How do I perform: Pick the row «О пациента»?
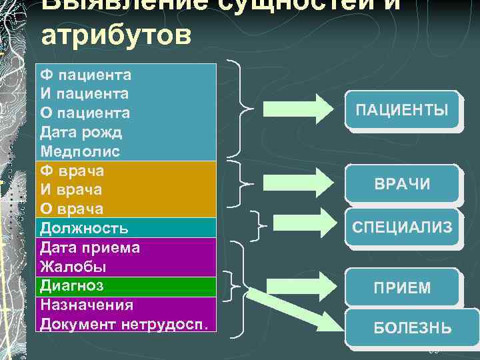pyautogui.click(x=85, y=113)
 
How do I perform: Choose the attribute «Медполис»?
pyautogui.click(x=80, y=151)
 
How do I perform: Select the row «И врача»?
pyautogui.click(x=71, y=190)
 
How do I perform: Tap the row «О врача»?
pyautogui.click(x=71, y=209)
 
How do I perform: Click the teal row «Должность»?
pyautogui.click(x=84, y=228)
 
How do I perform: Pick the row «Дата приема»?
pyautogui.click(x=90, y=247)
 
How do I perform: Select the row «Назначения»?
pyautogui.click(x=87, y=305)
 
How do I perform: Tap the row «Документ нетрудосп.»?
pyautogui.click(x=124, y=324)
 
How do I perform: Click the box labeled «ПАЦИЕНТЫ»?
pyautogui.click(x=401, y=109)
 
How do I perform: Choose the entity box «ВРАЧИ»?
pyautogui.click(x=401, y=184)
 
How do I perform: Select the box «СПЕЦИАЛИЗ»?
pyautogui.click(x=401, y=227)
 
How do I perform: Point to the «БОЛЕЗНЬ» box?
pyautogui.click(x=411, y=328)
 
